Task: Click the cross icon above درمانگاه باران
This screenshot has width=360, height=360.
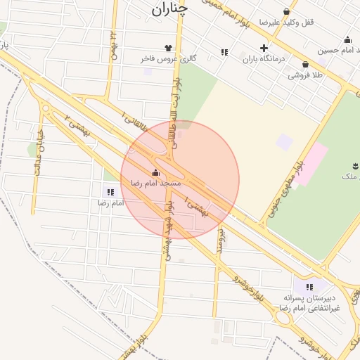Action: point(264,49)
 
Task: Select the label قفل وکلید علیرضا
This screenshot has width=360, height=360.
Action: point(286,22)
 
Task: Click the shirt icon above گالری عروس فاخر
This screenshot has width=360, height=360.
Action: point(168,48)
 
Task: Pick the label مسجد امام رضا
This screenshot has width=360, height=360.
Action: point(155,183)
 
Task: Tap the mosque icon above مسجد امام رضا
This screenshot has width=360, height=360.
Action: point(155,172)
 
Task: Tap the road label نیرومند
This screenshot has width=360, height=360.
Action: point(219,240)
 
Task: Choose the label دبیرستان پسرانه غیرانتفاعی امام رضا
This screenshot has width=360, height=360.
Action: point(309,303)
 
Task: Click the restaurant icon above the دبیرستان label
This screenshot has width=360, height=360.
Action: point(309,287)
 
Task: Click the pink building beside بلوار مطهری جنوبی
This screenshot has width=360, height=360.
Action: point(310,162)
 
